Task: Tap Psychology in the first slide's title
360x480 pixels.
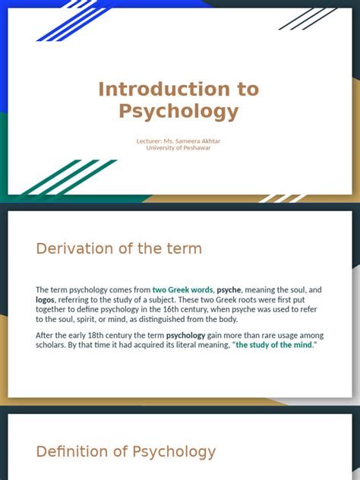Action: [178, 112]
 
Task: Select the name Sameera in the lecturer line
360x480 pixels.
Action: [188, 141]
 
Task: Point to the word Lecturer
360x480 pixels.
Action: [148, 141]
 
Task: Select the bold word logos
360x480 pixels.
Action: [45, 300]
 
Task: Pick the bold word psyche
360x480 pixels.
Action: [229, 290]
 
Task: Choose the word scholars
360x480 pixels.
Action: [52, 345]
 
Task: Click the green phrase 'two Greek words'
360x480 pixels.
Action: [182, 290]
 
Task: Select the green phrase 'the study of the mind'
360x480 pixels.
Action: [273, 345]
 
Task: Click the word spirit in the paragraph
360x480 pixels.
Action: [92, 320]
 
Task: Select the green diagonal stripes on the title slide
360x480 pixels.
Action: [65, 178]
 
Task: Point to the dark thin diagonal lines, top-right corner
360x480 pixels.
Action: [308, 18]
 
